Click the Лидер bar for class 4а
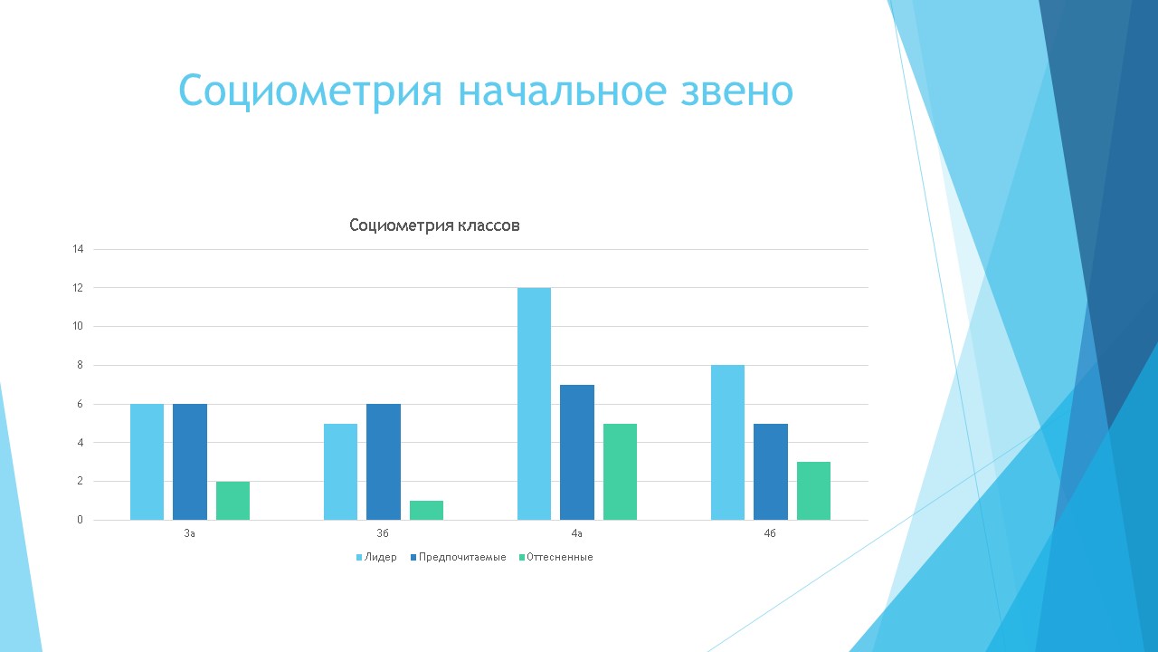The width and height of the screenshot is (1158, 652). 534,404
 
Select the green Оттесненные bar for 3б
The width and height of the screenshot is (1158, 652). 426,510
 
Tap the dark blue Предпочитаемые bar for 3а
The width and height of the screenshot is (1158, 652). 190,462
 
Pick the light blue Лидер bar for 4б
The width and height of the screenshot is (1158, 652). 728,443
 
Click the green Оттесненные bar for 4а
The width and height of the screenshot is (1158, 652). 621,472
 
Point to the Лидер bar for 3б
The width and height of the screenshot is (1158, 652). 341,472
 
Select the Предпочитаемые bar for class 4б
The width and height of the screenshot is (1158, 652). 771,472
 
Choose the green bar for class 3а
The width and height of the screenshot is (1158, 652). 233,501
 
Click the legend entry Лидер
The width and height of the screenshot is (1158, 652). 376,557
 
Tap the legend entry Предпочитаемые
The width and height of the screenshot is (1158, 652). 459,557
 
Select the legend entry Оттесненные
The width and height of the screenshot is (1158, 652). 556,557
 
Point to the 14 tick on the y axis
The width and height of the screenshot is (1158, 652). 78,249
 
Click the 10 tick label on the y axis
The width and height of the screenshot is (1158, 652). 78,327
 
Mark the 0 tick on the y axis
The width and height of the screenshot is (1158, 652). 81,520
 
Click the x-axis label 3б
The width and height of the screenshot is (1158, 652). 383,533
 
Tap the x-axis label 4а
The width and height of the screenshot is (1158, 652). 577,533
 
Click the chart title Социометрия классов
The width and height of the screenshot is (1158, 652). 435,225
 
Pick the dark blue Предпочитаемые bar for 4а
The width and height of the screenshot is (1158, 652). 577,452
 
